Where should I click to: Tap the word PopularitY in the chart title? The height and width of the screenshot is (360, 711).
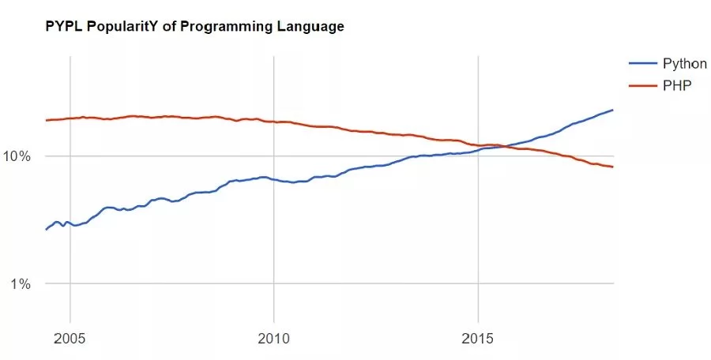click(x=94, y=27)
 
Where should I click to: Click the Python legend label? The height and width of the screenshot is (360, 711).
click(x=684, y=64)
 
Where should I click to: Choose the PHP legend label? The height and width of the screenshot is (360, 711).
click(x=675, y=84)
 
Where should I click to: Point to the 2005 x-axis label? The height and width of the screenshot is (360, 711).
click(x=70, y=338)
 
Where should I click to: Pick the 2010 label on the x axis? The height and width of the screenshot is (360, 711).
click(x=273, y=338)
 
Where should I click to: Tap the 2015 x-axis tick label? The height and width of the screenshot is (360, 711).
click(x=477, y=338)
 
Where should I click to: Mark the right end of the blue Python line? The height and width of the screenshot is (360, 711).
click(x=613, y=110)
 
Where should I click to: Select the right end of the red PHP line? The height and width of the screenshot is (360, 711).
click(x=613, y=167)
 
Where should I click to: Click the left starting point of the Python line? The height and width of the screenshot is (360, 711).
click(x=46, y=229)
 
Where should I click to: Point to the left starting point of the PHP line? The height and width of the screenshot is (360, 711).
click(x=46, y=120)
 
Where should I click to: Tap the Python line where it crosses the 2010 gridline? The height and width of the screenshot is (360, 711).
click(x=273, y=180)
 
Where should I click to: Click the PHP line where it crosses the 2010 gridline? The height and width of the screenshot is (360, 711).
click(x=273, y=122)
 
